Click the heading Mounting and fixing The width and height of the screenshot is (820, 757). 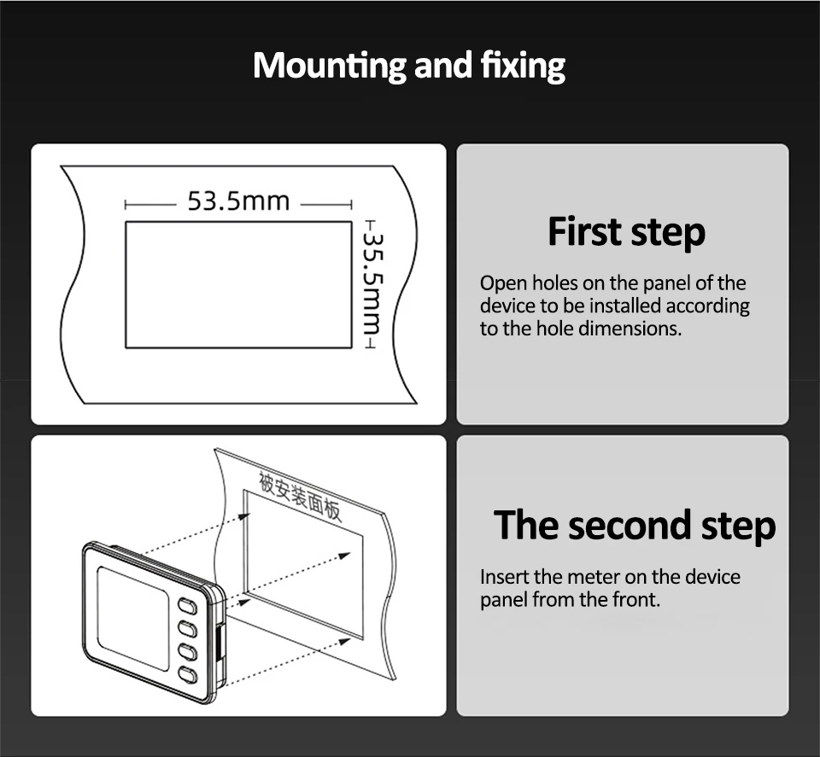pos(409,66)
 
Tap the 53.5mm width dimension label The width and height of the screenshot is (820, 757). pos(238,202)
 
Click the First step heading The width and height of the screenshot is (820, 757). pos(626,232)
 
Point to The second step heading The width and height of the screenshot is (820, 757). pos(635,525)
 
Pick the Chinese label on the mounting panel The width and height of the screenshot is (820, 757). pos(300,495)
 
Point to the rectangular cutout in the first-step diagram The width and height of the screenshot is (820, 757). pos(238,284)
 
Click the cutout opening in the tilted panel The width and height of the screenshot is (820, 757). pos(303,563)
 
